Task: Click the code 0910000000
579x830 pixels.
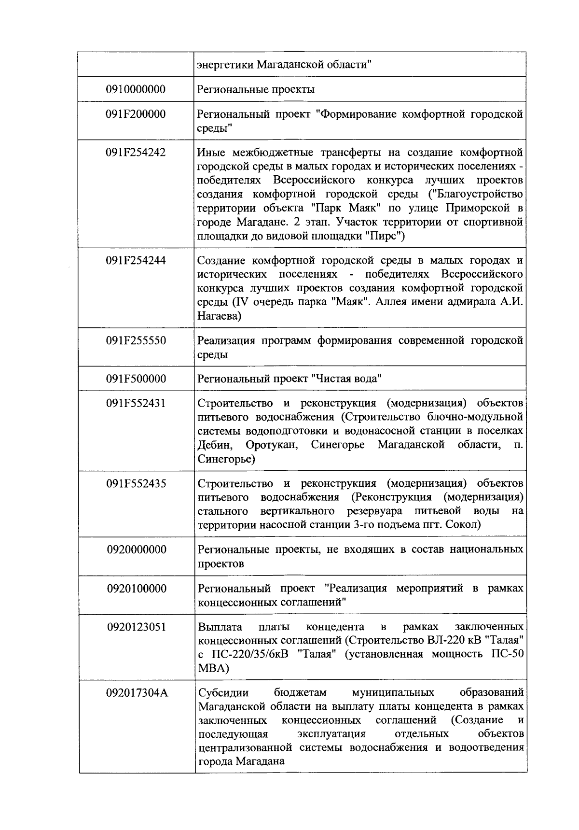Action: pyautogui.click(x=136, y=89)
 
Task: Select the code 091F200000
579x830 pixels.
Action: pyautogui.click(x=136, y=114)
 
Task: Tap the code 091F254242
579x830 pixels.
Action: pyautogui.click(x=136, y=153)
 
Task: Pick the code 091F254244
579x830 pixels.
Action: pyautogui.click(x=136, y=261)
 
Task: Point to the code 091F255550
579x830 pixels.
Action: pyautogui.click(x=136, y=341)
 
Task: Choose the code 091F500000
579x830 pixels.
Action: pyautogui.click(x=136, y=379)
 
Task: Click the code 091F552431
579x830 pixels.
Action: pyautogui.click(x=136, y=404)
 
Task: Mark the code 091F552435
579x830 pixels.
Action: pyautogui.click(x=136, y=484)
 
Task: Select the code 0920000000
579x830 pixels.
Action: pyautogui.click(x=137, y=550)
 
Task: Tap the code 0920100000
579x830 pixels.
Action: pyautogui.click(x=137, y=589)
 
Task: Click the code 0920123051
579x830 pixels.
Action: pyautogui.click(x=137, y=627)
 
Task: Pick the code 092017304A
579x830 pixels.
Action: pyautogui.click(x=137, y=693)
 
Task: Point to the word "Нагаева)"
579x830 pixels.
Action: pyautogui.click(x=219, y=316)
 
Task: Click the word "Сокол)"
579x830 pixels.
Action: pyautogui.click(x=464, y=525)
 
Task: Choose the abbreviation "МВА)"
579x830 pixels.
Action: pyautogui.click(x=213, y=669)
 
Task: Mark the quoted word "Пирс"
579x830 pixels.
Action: pyautogui.click(x=384, y=237)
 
